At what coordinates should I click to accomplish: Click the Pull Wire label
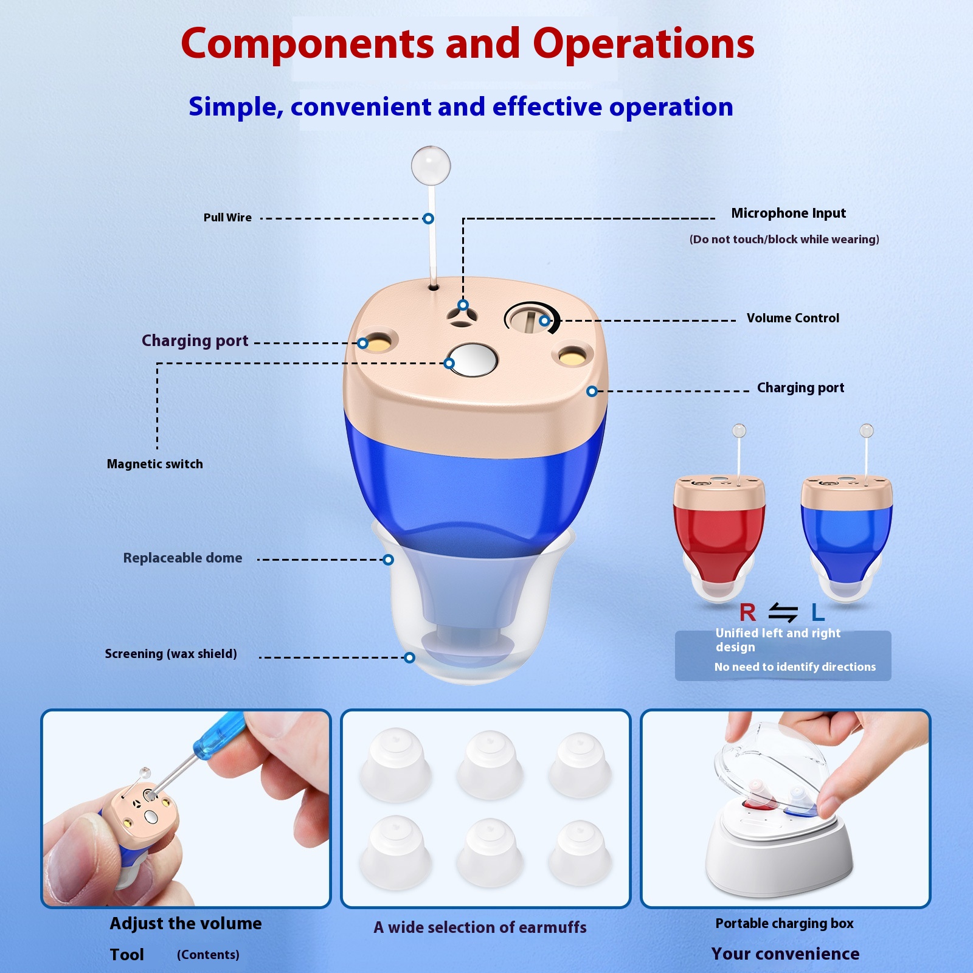[x=227, y=218]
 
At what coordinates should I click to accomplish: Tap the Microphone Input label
[x=788, y=213]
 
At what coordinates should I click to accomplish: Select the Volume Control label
[x=793, y=318]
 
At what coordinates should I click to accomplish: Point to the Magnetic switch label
[x=155, y=464]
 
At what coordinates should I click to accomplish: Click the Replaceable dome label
[x=182, y=558]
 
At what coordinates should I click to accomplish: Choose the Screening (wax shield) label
[x=171, y=654]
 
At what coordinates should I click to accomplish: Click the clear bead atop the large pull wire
[x=431, y=165]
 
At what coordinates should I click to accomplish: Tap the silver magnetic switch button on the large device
[x=471, y=359]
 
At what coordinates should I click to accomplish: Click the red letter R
[x=747, y=612]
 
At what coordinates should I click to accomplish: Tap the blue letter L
[x=818, y=612]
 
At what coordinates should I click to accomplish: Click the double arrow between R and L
[x=783, y=612]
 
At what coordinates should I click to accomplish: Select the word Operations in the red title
[x=643, y=44]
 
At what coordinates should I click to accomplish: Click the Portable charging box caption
[x=784, y=924]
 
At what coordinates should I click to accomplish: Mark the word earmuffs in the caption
[x=547, y=927]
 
